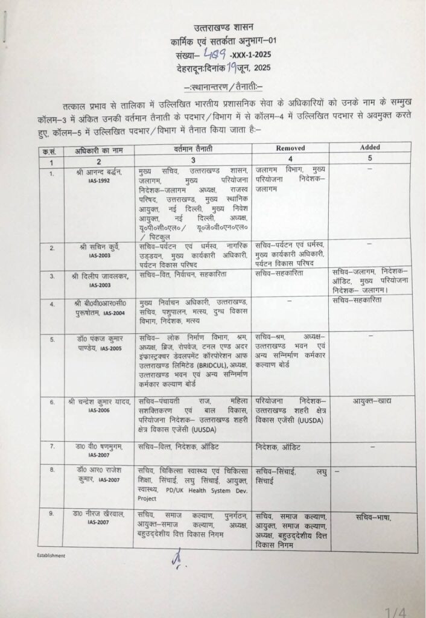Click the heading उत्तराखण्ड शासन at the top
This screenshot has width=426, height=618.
click(224, 28)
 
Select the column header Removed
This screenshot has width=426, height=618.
click(290, 148)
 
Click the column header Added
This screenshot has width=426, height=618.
click(370, 147)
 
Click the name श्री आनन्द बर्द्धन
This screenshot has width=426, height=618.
click(99, 173)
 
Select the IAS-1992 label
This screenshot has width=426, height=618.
click(99, 180)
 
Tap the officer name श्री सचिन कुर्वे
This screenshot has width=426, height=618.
click(99, 247)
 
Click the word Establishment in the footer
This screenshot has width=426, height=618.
click(51, 556)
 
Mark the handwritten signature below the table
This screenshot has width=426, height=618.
click(176, 561)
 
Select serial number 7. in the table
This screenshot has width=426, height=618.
click(52, 447)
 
